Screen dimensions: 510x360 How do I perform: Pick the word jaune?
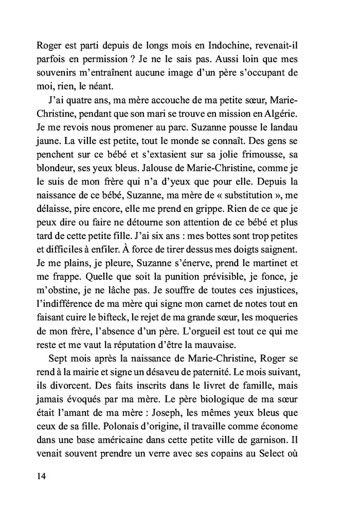click(x=49, y=140)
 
